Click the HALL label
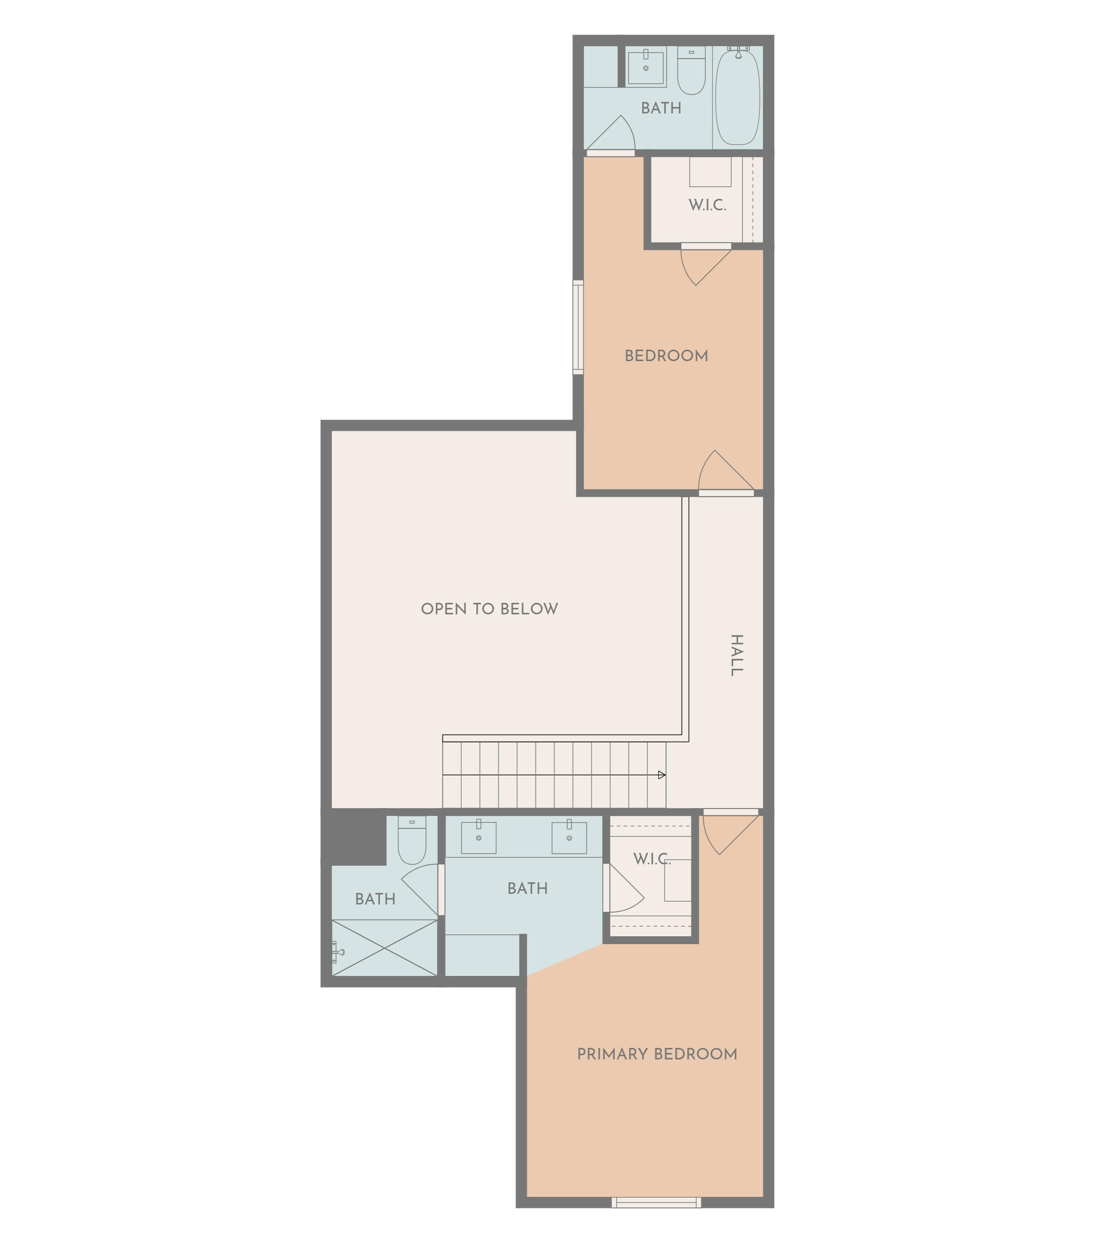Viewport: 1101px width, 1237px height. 736,655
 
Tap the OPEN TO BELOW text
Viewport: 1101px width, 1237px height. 489,609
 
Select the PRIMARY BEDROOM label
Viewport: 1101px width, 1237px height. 657,1053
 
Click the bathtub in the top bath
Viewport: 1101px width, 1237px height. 738,97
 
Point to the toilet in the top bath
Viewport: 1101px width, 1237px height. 691,71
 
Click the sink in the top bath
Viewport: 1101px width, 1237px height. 645,67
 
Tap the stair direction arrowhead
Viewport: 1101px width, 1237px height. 662,775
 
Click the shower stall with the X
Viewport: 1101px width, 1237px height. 385,948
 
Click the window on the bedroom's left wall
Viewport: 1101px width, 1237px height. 578,327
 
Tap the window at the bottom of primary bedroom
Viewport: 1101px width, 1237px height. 656,1202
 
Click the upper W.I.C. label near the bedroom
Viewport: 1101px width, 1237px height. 707,205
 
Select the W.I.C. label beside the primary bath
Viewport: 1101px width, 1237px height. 652,859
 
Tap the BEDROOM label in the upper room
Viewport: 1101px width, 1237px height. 666,356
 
